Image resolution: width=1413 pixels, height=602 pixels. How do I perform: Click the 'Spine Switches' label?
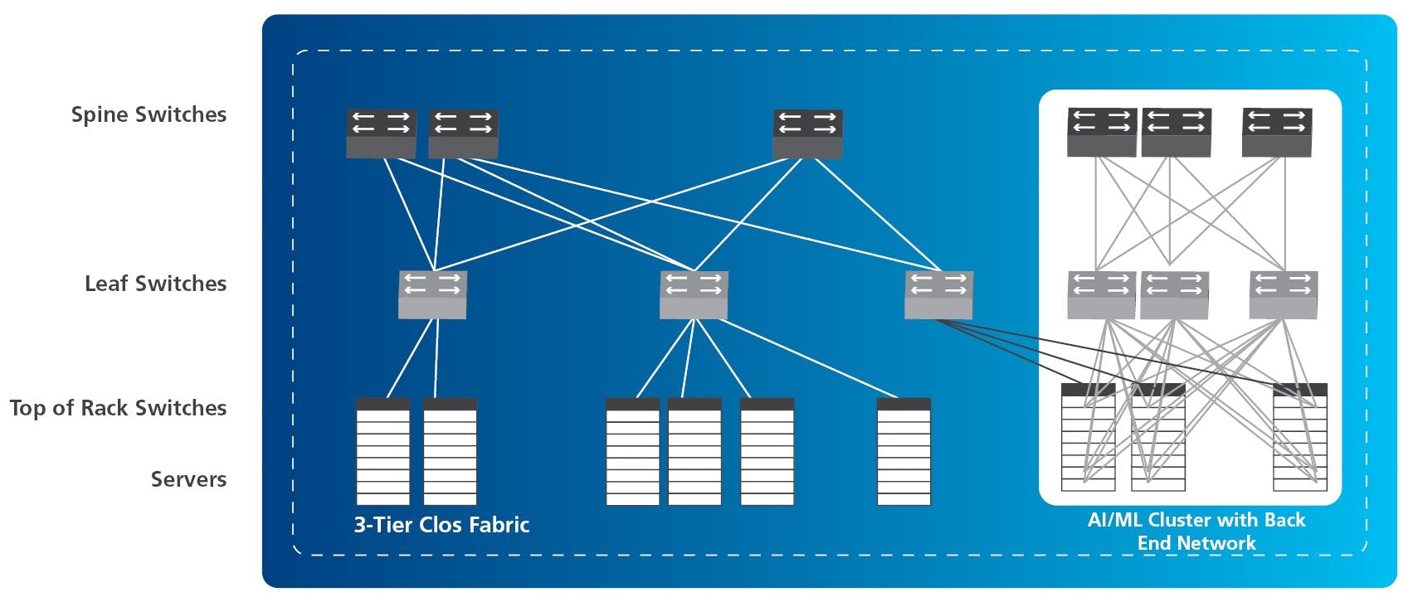pos(149,114)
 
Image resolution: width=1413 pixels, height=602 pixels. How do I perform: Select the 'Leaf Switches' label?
pos(155,284)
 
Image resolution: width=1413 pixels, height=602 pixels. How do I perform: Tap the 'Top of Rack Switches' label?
pos(118,408)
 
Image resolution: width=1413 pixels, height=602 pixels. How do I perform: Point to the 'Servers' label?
pos(188,479)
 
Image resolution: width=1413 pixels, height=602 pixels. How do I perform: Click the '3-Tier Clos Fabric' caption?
pos(441,525)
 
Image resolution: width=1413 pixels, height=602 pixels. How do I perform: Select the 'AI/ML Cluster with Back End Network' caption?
pos(1196,532)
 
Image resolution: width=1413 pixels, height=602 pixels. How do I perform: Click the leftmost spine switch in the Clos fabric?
pos(381,133)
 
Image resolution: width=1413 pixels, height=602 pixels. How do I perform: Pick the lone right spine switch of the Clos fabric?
pos(807,133)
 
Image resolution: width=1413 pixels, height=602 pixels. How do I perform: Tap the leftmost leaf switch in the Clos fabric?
pos(432,294)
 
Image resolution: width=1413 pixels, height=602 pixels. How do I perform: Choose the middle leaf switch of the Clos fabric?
pos(694,294)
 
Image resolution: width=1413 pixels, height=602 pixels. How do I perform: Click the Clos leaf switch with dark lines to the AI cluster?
pos(938,294)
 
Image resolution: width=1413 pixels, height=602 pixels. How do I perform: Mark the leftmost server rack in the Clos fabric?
pos(382,451)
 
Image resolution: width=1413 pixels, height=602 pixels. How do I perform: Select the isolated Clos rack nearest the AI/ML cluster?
pos(904,451)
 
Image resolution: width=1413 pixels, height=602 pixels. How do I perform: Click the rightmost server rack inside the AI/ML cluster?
pos(1300,436)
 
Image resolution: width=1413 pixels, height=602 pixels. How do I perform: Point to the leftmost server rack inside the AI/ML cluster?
pos(1088,436)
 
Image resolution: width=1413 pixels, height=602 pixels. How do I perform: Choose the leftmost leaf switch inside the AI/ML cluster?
pos(1101,294)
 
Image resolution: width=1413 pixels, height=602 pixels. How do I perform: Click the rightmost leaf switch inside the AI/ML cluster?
pos(1283,294)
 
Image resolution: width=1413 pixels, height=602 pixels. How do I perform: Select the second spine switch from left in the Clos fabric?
pos(463,133)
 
